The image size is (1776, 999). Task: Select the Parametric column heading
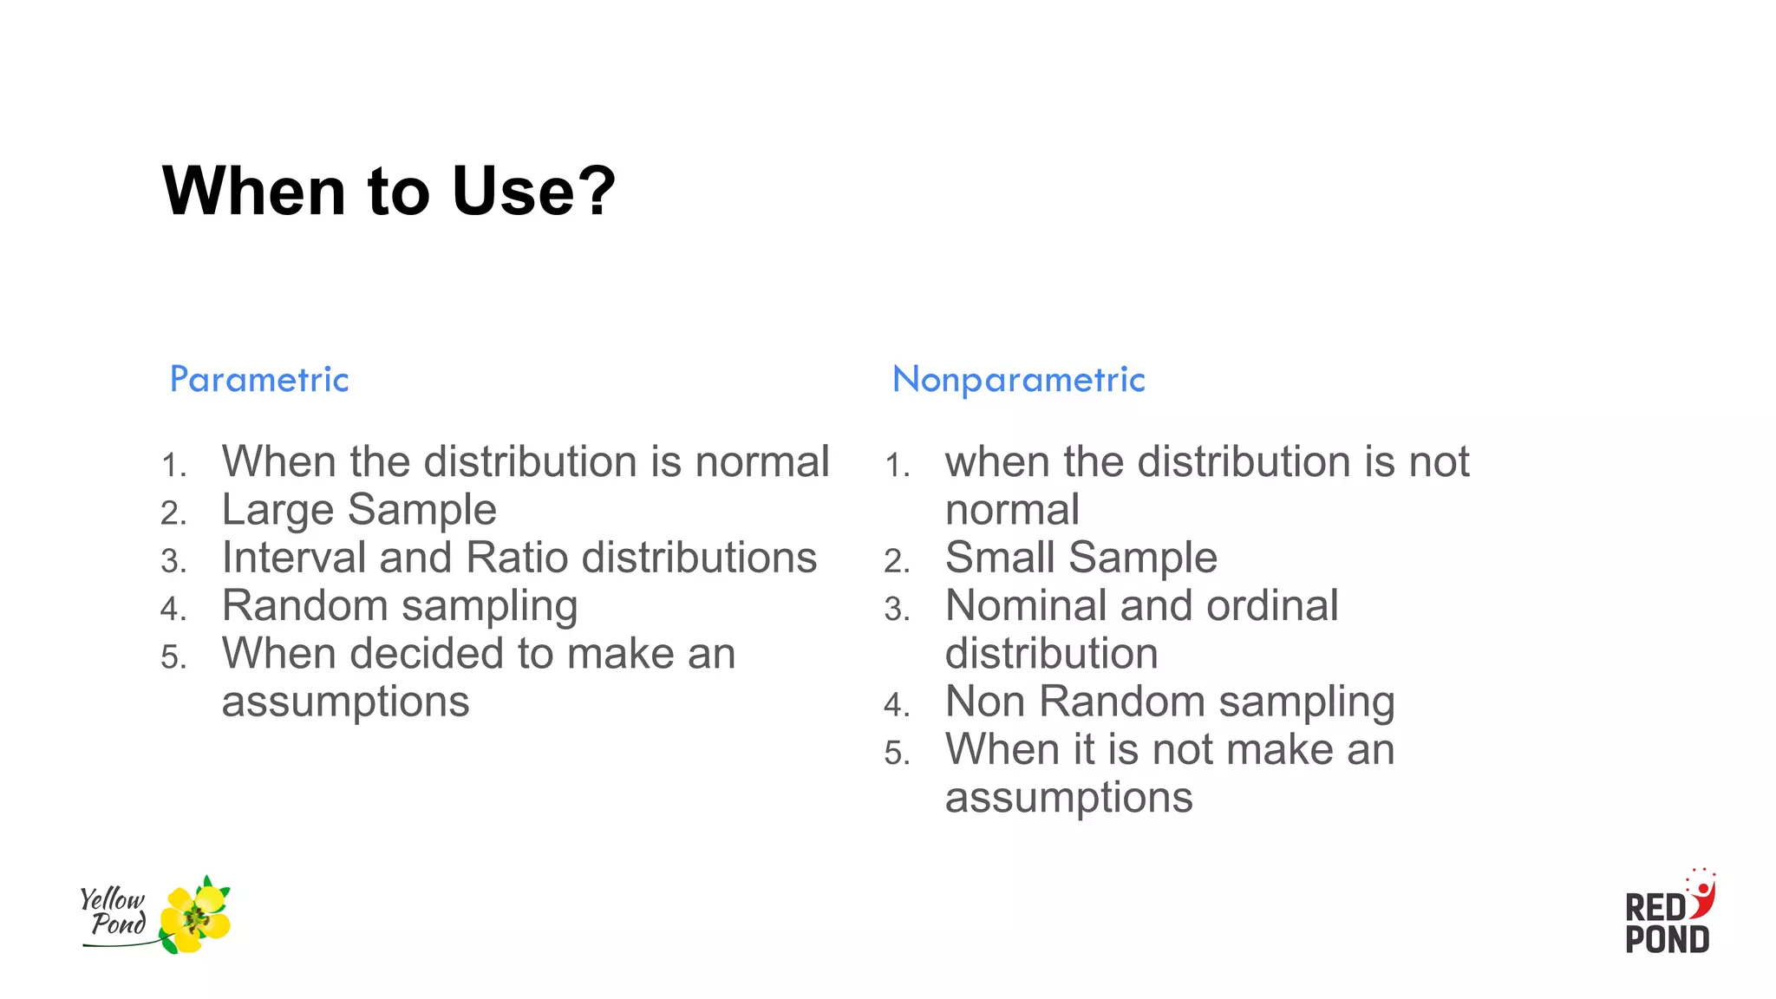[x=259, y=380]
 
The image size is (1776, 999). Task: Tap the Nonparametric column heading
[x=1019, y=380]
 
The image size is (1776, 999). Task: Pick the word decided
[x=427, y=654]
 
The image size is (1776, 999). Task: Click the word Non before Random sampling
[x=985, y=702]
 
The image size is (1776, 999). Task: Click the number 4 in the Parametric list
[x=172, y=609]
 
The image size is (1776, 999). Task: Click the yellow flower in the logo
[x=197, y=917]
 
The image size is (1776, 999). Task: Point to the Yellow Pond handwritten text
[x=114, y=911]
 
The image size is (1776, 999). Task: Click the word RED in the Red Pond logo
[x=1655, y=908]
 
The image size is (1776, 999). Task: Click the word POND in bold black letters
[x=1667, y=940]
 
